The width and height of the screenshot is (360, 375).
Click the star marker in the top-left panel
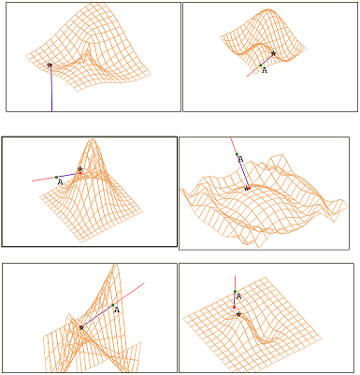coord(50,65)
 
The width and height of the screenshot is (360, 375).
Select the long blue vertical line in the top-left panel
coord(51,88)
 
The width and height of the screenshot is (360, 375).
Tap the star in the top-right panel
coord(273,53)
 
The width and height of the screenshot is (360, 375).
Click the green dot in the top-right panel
coord(261,65)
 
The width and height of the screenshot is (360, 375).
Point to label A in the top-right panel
coord(265,70)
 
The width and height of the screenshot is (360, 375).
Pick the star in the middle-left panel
coord(80,169)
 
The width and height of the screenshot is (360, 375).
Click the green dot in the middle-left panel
coord(56,178)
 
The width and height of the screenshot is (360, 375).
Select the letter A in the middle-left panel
coord(61,182)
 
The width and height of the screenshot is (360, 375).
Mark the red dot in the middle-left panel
coord(80,173)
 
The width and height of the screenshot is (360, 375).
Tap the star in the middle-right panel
coord(247,189)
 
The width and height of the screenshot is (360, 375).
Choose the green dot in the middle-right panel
coord(237,154)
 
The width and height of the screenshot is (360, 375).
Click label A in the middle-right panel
coord(240,159)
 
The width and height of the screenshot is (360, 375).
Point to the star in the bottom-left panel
coord(81,327)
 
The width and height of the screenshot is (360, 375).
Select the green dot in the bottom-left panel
coord(113,305)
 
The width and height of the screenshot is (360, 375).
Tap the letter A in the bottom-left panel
coord(117,310)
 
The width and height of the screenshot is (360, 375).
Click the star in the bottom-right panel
coord(238,314)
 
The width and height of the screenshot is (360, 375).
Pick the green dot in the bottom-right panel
coord(235,292)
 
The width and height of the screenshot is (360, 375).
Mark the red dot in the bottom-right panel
coord(234,308)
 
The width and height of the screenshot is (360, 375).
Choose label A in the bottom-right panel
coord(239,296)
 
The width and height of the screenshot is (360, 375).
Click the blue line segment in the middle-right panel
coord(243,171)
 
